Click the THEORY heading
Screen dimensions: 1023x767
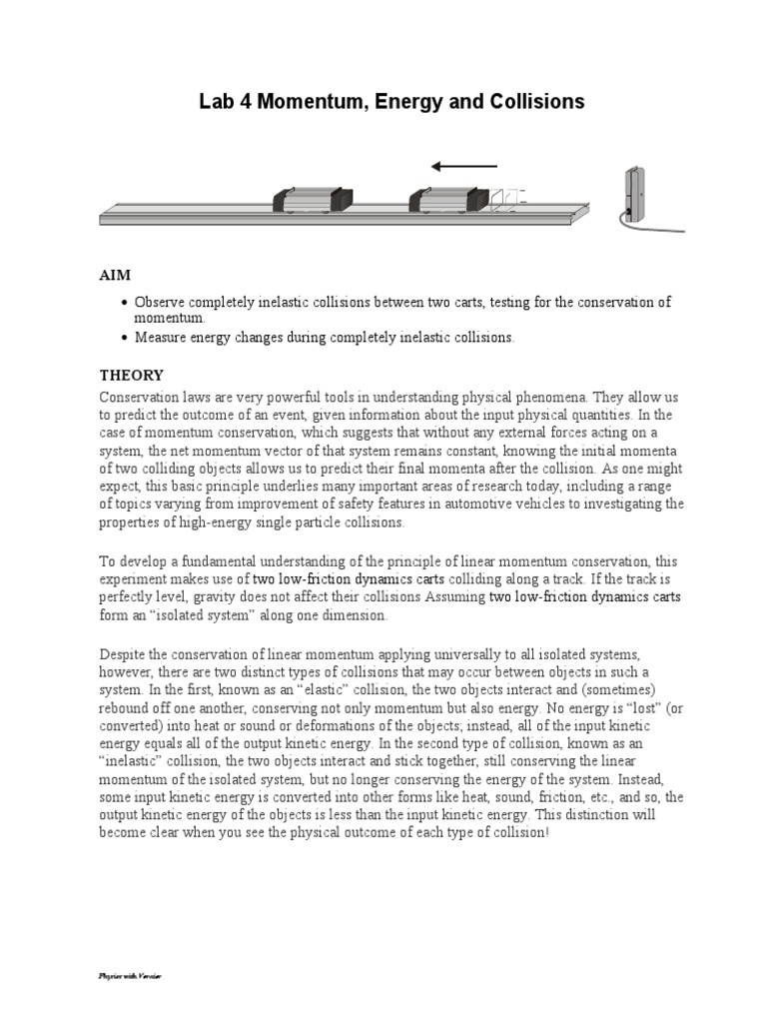click(131, 375)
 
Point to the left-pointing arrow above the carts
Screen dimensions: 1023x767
click(463, 166)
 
